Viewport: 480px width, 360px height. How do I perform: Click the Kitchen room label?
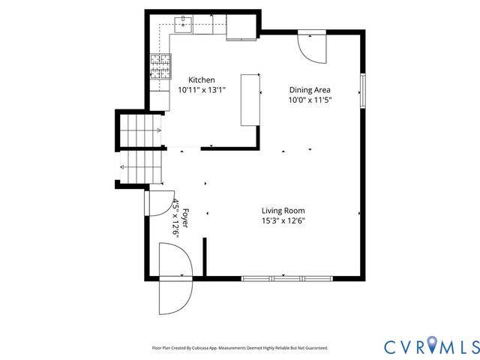pyautogui.click(x=201, y=79)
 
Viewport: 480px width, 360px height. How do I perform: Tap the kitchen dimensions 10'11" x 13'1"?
pyautogui.click(x=201, y=89)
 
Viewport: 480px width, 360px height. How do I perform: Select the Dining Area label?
pyautogui.click(x=310, y=89)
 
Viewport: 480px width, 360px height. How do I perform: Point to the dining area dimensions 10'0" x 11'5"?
pyautogui.click(x=310, y=99)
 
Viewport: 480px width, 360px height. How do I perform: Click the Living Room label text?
pyautogui.click(x=283, y=211)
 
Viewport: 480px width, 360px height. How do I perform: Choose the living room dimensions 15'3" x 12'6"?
pyautogui.click(x=283, y=220)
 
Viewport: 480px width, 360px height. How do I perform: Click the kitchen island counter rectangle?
pyautogui.click(x=250, y=99)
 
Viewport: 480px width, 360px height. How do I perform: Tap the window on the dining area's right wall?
pyautogui.click(x=362, y=89)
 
